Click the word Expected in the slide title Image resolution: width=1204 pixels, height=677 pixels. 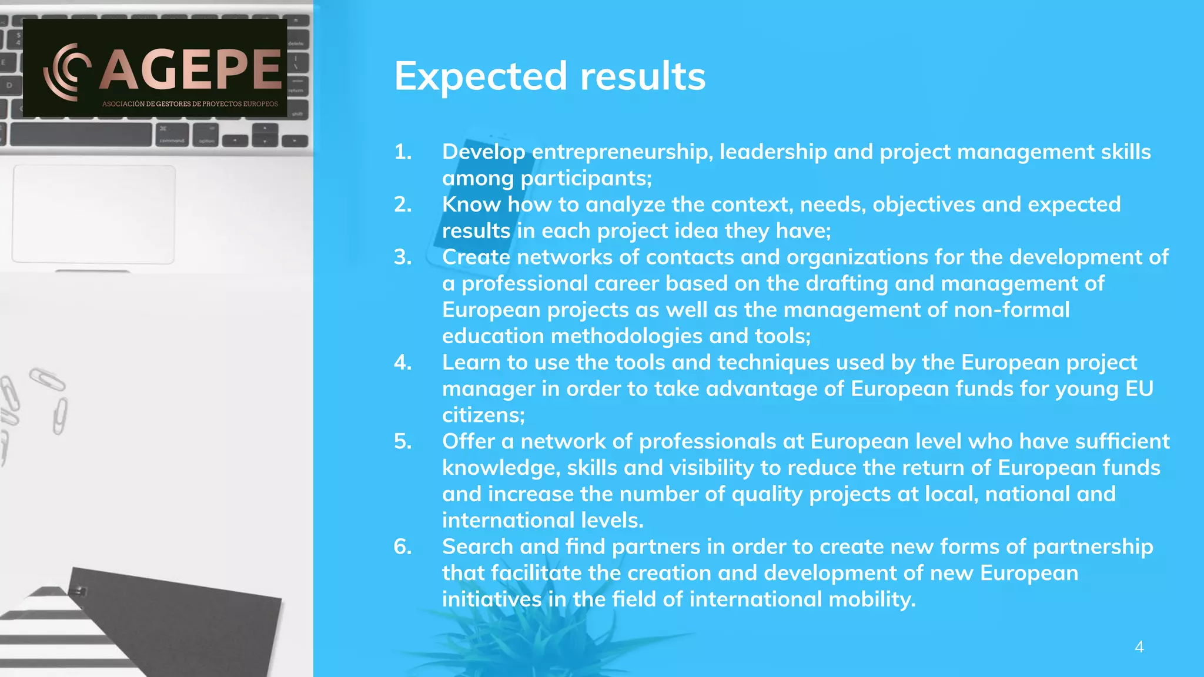pos(481,76)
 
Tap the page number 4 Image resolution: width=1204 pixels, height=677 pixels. pos(1139,647)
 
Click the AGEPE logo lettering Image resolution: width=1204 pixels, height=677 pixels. pos(190,69)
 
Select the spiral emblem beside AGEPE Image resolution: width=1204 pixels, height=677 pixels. pos(66,71)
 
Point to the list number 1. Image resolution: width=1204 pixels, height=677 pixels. pos(403,152)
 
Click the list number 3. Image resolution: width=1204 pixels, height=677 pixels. pos(403,257)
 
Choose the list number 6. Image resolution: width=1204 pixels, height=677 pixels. pos(403,547)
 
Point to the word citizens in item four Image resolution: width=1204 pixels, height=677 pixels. pos(482,415)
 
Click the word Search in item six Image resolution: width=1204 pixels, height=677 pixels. pos(477,547)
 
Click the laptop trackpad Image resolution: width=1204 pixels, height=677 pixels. pos(93,215)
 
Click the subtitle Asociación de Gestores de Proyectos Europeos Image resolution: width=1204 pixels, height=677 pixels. pos(190,104)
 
